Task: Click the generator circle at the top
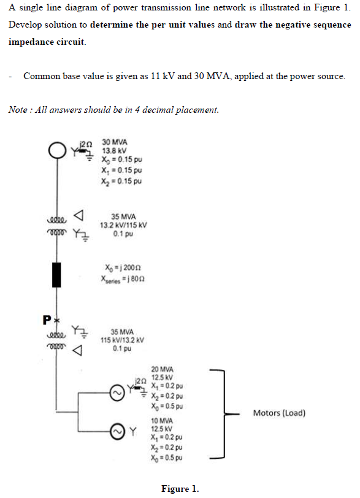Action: pos(57,149)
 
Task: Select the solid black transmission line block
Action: pos(57,274)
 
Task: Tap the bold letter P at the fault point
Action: pos(47,320)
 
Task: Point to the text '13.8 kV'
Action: pos(114,151)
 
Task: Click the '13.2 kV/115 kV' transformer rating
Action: pos(124,225)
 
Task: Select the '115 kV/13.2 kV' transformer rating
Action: pos(123,340)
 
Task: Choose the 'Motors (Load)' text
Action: pos(279,413)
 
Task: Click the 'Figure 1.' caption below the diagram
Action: pos(180,489)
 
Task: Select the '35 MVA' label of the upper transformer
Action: pos(124,216)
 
